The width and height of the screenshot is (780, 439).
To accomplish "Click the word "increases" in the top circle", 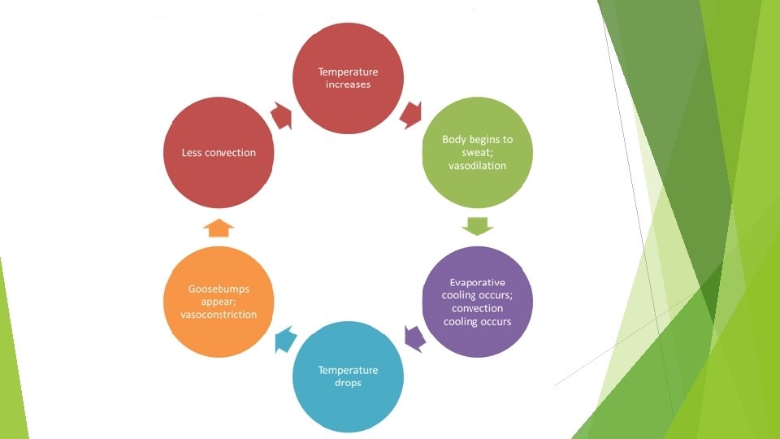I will click(x=348, y=85).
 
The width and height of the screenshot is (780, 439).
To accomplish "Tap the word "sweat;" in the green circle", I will click(x=478, y=152).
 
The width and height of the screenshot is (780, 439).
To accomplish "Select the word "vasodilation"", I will click(x=478, y=166).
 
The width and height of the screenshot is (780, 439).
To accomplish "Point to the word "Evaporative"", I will click(x=478, y=282).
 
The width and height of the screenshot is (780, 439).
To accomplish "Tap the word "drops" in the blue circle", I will click(x=348, y=383).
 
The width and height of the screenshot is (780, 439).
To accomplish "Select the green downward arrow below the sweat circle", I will click(x=478, y=224).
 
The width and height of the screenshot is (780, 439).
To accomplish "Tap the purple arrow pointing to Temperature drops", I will click(x=415, y=336).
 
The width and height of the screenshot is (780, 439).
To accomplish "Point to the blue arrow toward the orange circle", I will click(x=282, y=337).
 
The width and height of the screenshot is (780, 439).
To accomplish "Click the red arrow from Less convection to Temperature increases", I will click(x=283, y=115).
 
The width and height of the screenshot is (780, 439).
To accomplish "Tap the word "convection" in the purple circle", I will click(x=478, y=308).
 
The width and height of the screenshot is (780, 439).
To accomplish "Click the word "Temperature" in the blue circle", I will click(x=348, y=371).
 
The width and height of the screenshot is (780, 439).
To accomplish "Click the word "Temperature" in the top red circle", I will click(x=348, y=72).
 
